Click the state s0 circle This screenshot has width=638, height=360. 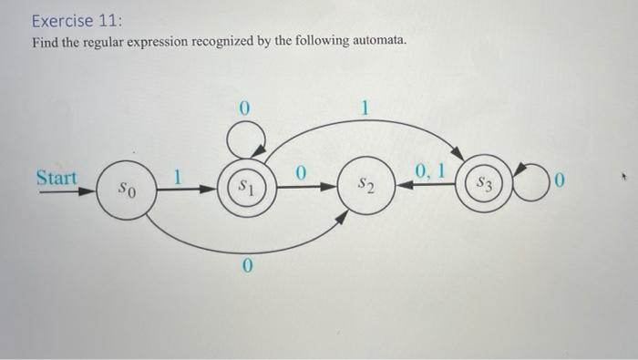coord(126,191)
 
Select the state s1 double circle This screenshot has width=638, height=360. coord(243,186)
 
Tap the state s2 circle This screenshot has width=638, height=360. coord(365,188)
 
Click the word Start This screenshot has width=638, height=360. coord(57,177)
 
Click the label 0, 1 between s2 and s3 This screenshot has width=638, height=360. coord(427,170)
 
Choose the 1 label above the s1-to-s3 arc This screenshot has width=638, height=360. coord(365,108)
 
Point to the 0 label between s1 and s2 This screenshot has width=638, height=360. coord(301,170)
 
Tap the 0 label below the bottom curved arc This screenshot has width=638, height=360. coord(246,266)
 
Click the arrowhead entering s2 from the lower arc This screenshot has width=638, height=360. coord(344,216)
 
